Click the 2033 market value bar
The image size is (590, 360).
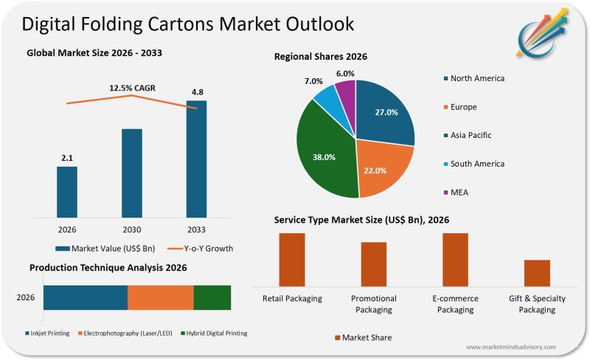click(196, 159)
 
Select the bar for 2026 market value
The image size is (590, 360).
click(67, 192)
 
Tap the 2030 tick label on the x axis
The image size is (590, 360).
click(131, 229)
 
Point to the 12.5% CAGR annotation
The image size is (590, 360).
click(132, 89)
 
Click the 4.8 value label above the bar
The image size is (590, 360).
click(197, 92)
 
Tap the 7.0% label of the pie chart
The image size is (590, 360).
click(314, 81)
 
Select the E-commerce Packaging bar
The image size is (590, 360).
click(455, 259)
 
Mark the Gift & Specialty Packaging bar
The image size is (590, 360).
click(537, 272)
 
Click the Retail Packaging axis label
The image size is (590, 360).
click(292, 299)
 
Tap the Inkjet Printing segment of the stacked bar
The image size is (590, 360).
click(86, 297)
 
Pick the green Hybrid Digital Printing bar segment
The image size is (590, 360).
click(212, 297)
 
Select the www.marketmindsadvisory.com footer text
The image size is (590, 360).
click(510, 347)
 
